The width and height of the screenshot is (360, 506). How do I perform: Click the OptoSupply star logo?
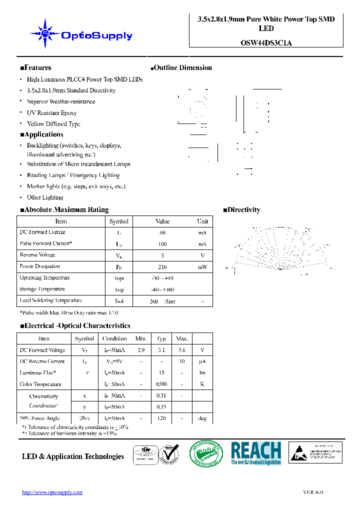tap(45, 33)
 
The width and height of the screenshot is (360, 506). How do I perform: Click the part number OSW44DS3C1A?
tap(266, 43)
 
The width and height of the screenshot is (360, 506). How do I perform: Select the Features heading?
tap(35, 67)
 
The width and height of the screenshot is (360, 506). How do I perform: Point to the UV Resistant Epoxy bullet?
tap(51, 113)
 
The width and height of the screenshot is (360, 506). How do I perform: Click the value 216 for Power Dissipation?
tap(162, 267)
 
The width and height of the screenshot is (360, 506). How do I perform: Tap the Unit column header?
tap(202, 221)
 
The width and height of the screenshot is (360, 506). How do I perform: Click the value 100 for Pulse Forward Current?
tap(162, 244)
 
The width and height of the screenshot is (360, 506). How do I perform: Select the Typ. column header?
tap(162, 338)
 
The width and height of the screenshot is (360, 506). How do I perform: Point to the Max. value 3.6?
tap(182, 350)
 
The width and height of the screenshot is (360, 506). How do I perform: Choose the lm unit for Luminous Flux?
tap(202, 373)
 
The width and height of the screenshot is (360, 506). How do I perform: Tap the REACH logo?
tap(256, 453)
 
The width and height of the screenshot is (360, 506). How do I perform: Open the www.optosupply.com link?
tap(52, 492)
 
